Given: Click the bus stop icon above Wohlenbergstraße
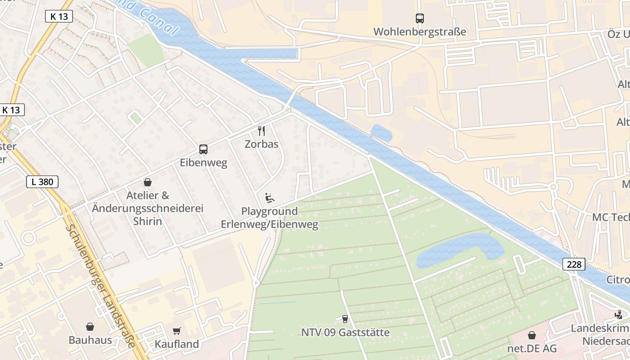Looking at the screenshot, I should point(419,18).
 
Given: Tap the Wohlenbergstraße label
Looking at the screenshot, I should point(419,32).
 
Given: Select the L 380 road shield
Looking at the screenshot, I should point(42,182).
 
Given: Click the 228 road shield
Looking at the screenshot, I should point(574,265).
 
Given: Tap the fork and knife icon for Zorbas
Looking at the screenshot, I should point(261,131).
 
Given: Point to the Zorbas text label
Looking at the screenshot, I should point(261,144).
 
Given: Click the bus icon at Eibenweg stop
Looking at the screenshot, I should point(203,149).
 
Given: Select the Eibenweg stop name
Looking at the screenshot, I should point(203,162).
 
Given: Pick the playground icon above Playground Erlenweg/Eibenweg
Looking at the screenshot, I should point(270,198).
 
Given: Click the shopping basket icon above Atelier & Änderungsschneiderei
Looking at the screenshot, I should point(147,182).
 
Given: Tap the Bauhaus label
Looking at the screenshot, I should point(90,340).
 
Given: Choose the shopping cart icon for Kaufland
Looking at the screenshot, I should point(177,331).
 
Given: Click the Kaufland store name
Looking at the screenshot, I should point(177,344).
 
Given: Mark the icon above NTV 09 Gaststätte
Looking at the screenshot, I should point(345,319).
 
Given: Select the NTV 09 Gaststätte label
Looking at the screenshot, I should point(345,333).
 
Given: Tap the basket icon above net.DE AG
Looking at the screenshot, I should point(532,335).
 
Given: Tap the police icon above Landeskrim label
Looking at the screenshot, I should point(619,315).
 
